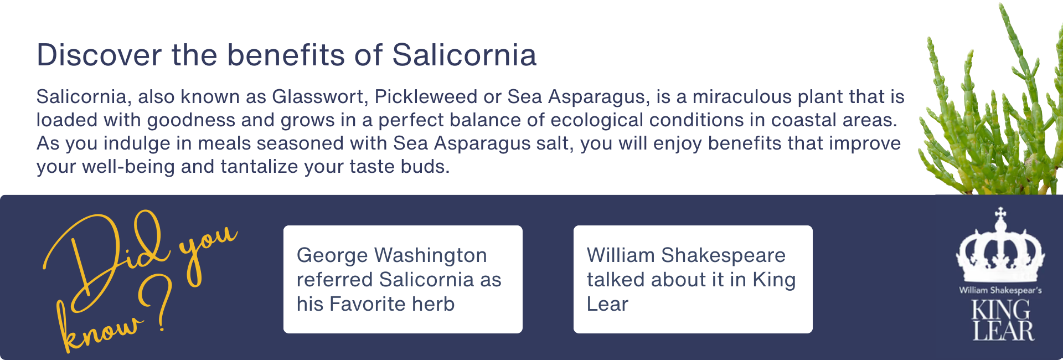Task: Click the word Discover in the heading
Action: (100, 55)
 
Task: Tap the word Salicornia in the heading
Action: (465, 55)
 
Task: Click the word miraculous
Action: (742, 96)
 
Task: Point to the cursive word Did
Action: (105, 260)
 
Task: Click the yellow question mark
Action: (157, 304)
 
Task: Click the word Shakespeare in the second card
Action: (723, 256)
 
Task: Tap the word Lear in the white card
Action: (607, 304)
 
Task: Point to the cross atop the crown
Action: (1000, 213)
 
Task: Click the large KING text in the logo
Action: (1001, 310)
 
